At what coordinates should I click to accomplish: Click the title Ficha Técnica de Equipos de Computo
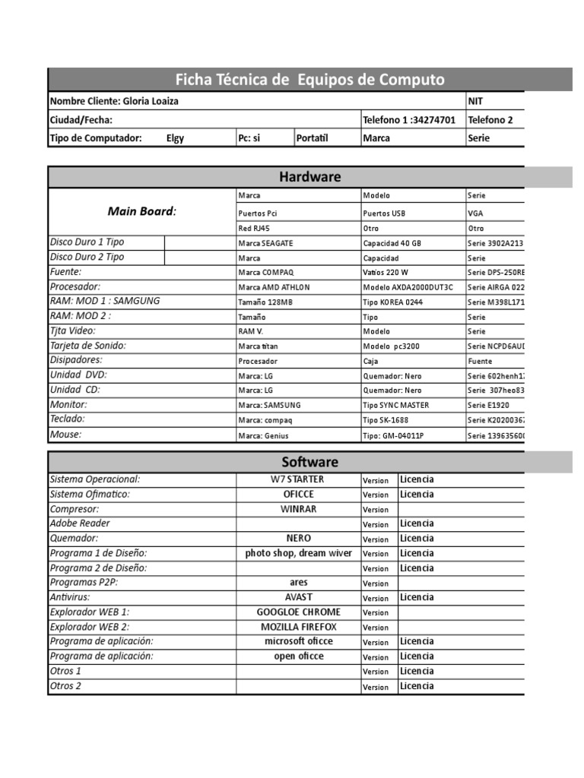point(309,80)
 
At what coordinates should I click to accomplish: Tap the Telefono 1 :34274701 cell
point(409,120)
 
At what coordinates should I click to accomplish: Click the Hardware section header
point(309,177)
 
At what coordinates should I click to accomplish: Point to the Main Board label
point(141,211)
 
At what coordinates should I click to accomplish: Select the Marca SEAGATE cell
point(265,243)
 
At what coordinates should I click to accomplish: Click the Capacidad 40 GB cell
point(392,243)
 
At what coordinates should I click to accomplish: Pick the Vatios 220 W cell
point(386,272)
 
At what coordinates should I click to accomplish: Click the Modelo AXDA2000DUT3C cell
point(408,287)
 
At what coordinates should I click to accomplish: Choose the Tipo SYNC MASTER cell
point(395,406)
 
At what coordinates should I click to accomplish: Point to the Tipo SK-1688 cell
point(387,420)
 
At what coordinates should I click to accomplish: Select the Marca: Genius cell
point(263,435)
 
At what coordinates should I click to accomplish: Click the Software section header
point(309,462)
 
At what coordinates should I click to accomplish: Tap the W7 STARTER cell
point(298,479)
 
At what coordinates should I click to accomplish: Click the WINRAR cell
point(298,509)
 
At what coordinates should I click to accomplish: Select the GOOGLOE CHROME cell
point(298,612)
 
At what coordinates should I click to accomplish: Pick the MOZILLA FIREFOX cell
point(298,627)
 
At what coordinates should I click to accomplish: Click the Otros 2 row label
point(65,685)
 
